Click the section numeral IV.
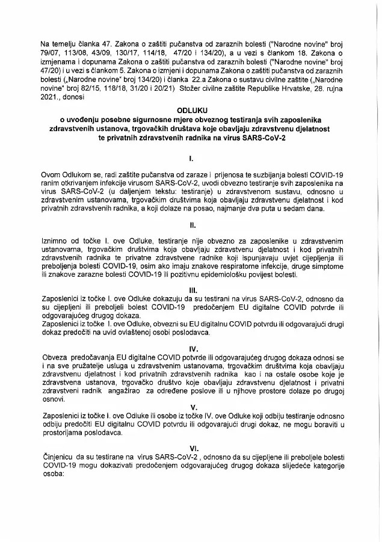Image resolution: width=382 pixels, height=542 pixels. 190,348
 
